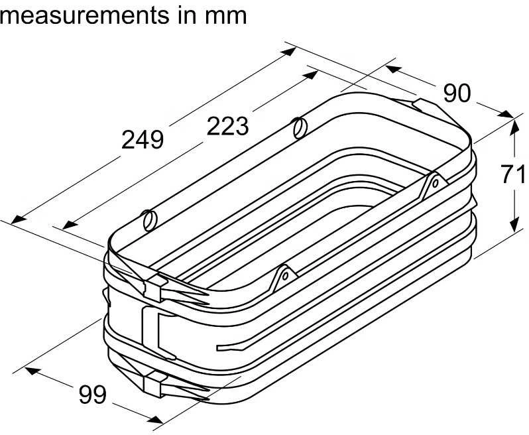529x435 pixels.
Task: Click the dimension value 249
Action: (x=143, y=140)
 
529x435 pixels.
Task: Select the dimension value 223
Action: (x=228, y=126)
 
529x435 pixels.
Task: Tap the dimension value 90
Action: (x=457, y=93)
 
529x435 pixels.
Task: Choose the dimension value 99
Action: (x=92, y=395)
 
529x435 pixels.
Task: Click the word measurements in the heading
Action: (x=84, y=15)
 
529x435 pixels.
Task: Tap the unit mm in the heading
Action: (x=226, y=16)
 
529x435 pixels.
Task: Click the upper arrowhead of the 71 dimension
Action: (x=514, y=127)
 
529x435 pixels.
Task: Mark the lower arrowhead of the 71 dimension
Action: (x=514, y=225)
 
